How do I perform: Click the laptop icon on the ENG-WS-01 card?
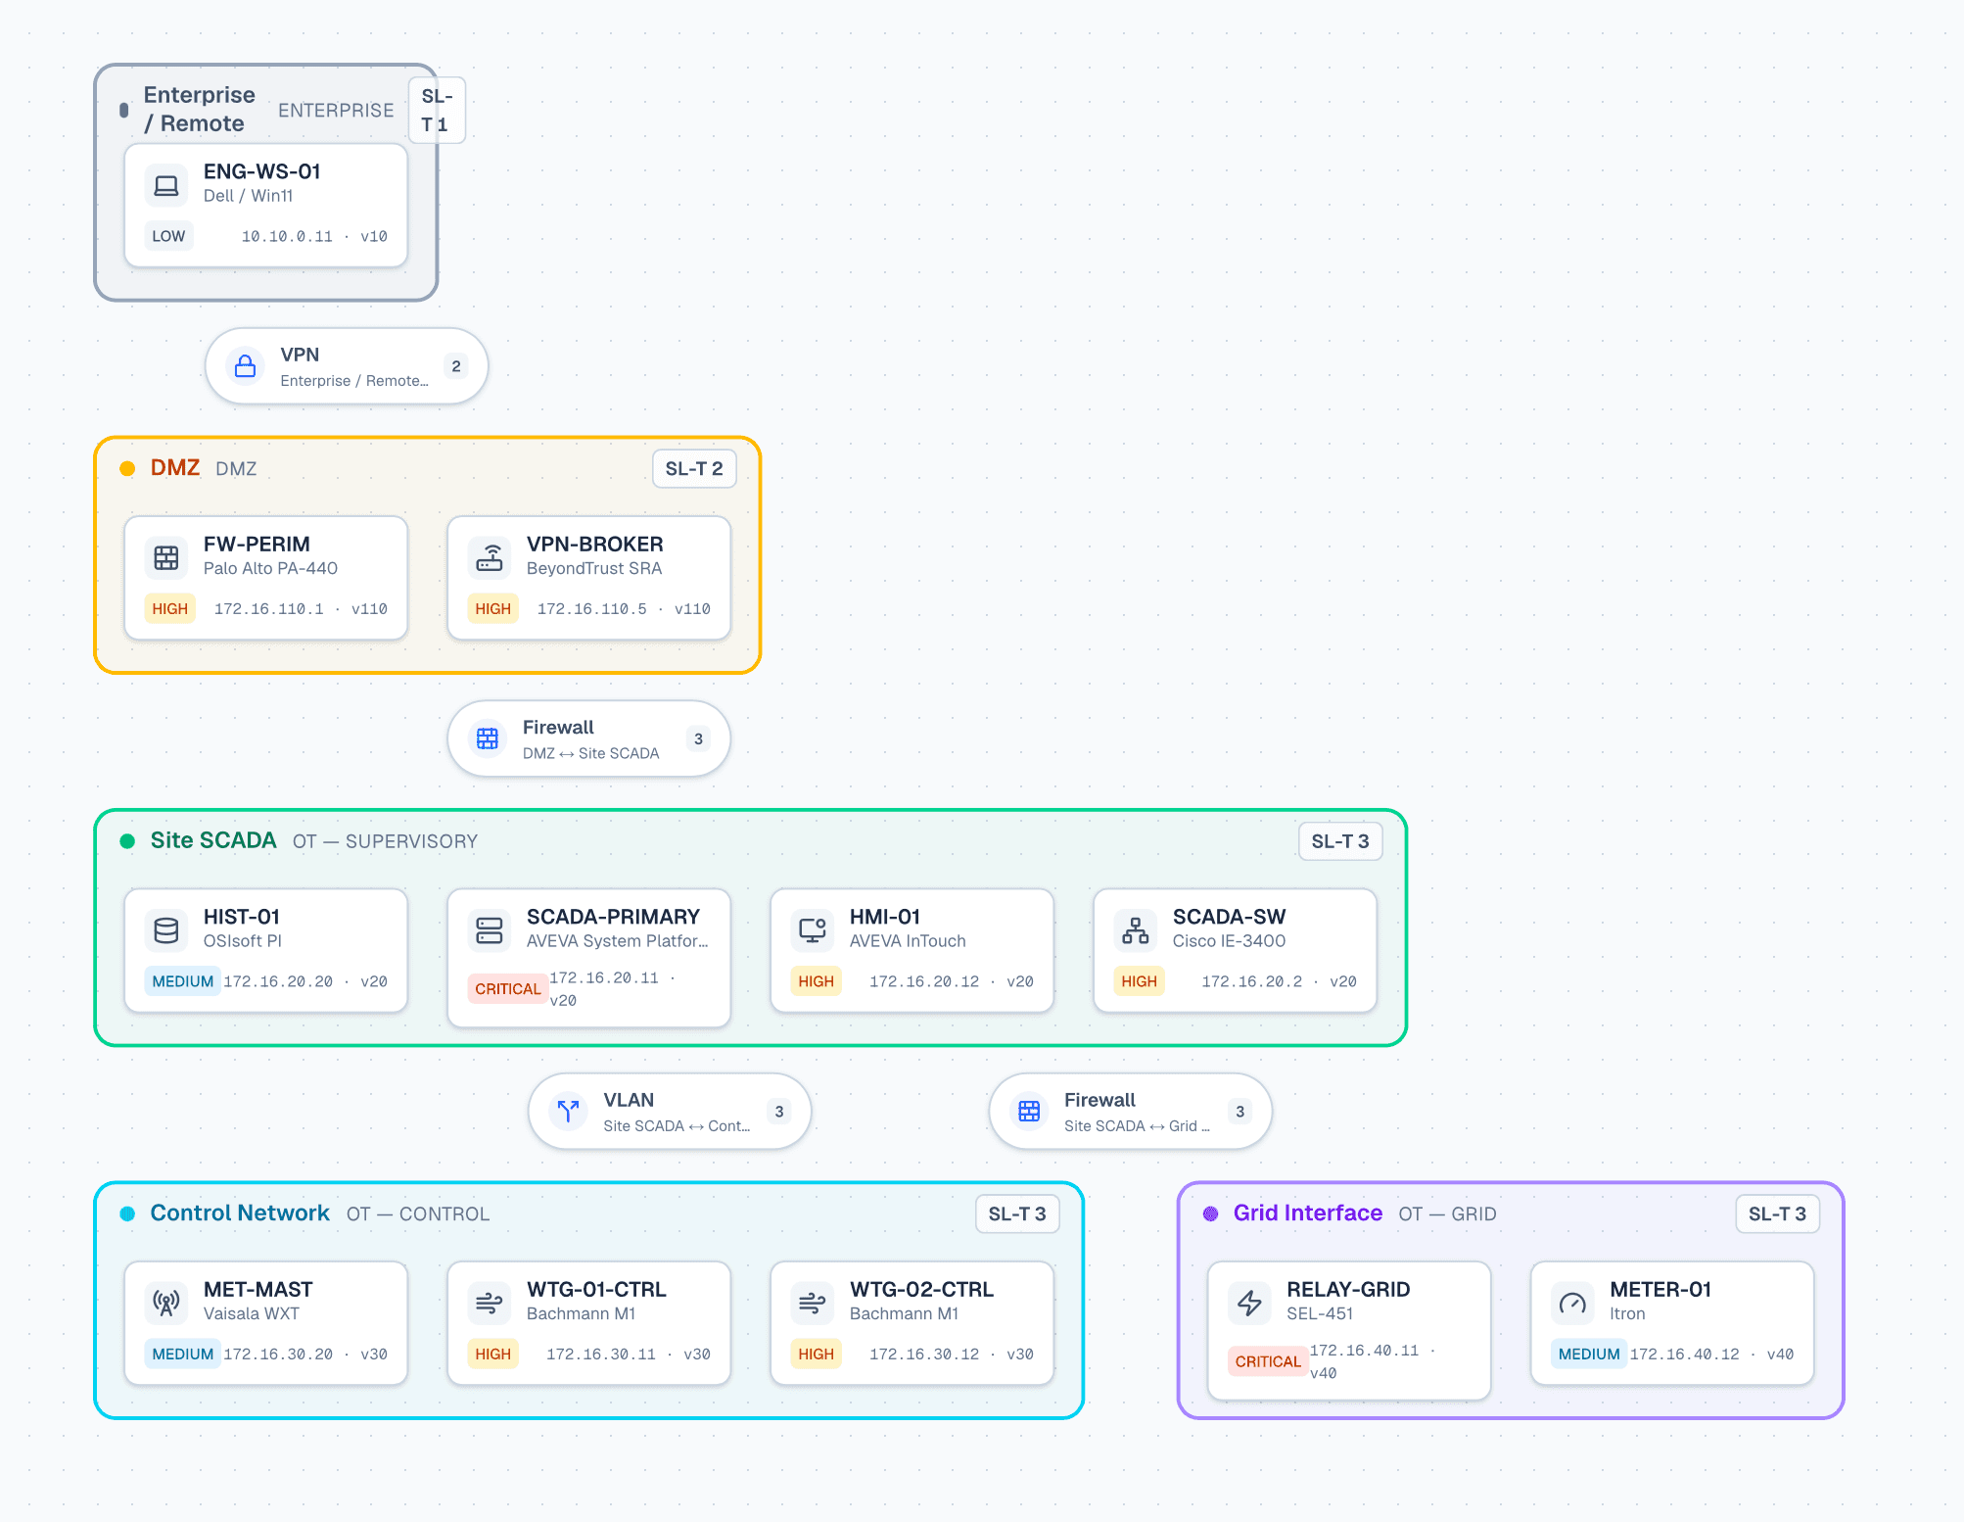[x=166, y=185]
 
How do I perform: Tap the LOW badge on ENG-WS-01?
[x=168, y=236]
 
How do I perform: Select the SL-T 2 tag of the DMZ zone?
[x=694, y=469]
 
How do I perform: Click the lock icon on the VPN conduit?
[x=246, y=366]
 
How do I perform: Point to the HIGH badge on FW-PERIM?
[x=169, y=608]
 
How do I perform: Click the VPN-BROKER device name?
[x=595, y=545]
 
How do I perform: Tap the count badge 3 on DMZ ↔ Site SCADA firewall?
[x=698, y=738]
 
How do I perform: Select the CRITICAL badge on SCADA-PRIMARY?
[x=507, y=989]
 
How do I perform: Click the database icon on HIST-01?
[x=166, y=930]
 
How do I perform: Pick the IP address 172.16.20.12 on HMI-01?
[x=924, y=981]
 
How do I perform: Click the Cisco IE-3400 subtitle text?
[x=1230, y=941]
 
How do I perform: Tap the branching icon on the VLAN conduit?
[x=568, y=1111]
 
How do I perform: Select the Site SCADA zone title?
[x=213, y=840]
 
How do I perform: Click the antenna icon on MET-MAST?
[x=166, y=1303]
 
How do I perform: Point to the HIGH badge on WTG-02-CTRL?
[x=816, y=1354]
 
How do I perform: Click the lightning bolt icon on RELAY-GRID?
[x=1249, y=1303]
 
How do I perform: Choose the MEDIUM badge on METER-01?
[x=1588, y=1354]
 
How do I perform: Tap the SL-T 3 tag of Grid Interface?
[x=1777, y=1214]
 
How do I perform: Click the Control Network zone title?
[x=240, y=1213]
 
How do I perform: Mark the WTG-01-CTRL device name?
[x=596, y=1290]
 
